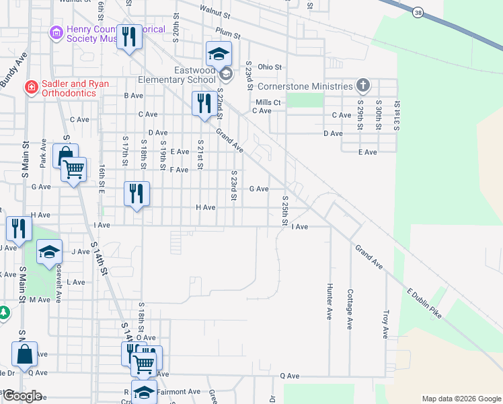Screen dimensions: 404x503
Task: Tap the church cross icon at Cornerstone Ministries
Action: [x=363, y=86]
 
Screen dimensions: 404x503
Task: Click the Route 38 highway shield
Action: [x=418, y=12]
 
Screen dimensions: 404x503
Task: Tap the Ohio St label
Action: [x=269, y=67]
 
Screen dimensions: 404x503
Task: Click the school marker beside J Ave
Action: [x=49, y=252]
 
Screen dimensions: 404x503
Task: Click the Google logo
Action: [x=22, y=396]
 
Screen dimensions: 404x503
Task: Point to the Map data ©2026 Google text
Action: [x=461, y=399]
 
